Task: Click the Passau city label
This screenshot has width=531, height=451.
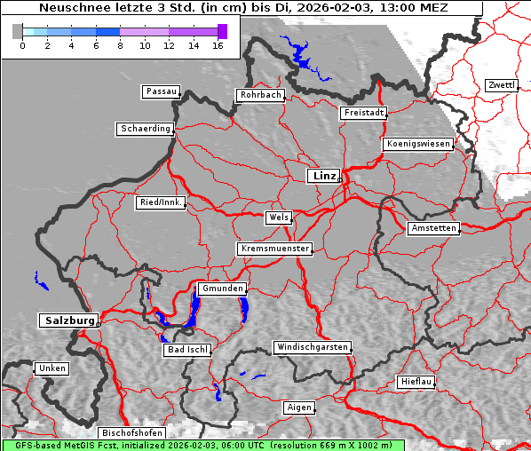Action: click(161, 91)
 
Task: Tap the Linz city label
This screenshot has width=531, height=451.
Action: click(323, 176)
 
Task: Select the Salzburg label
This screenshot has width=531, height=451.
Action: click(67, 320)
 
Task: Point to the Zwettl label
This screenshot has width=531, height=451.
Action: click(501, 85)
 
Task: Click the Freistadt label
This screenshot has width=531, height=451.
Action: click(363, 113)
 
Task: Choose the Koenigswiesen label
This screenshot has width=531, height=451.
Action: click(418, 144)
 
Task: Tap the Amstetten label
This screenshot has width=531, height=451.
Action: click(433, 228)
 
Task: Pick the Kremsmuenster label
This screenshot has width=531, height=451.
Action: click(274, 249)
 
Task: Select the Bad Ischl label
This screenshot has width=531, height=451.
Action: click(187, 350)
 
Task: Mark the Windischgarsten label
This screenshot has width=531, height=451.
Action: click(311, 347)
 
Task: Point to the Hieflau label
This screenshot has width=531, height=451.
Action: click(416, 382)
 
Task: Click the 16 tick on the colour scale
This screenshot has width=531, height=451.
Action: click(217, 44)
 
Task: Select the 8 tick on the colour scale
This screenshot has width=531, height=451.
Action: click(120, 44)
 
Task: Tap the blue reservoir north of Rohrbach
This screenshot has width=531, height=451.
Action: click(302, 61)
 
